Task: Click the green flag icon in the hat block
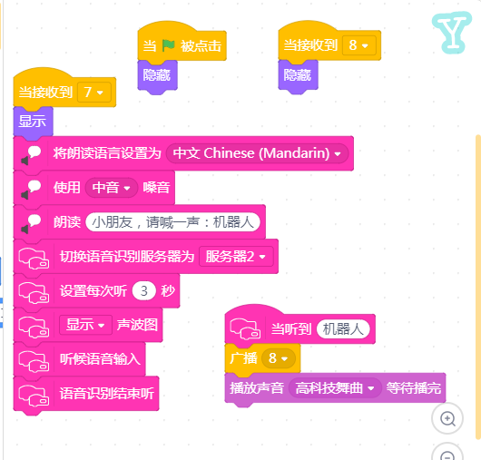[x=169, y=45]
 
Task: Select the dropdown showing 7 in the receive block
[x=93, y=92]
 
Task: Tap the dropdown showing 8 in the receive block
[x=358, y=45]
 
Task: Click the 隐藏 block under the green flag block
[x=157, y=75]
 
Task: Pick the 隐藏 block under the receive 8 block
[x=298, y=75]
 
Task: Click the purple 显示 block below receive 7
[x=33, y=122]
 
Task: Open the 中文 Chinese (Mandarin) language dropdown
[x=257, y=153]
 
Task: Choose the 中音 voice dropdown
[x=112, y=188]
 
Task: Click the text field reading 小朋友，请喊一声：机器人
[x=172, y=222]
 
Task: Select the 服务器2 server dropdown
[x=236, y=257]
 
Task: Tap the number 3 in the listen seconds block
[x=144, y=290]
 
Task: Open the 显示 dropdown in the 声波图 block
[x=85, y=325]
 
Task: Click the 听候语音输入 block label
[x=100, y=359]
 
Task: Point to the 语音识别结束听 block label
[x=107, y=394]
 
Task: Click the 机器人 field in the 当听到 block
[x=343, y=329]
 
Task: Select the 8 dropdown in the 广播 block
[x=279, y=358]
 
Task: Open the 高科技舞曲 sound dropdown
[x=335, y=388]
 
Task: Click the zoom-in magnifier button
[x=447, y=418]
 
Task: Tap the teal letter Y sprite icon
[x=452, y=33]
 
